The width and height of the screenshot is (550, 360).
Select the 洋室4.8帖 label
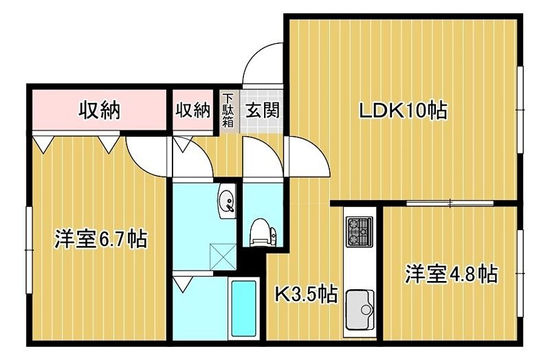click(450, 273)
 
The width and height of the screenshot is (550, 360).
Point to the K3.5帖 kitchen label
click(306, 295)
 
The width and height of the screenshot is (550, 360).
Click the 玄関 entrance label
click(263, 110)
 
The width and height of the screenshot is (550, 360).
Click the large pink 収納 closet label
click(98, 109)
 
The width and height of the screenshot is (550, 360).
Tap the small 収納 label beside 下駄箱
click(192, 110)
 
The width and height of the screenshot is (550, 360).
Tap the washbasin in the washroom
click(226, 201)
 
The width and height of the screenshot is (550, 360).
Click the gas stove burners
click(360, 231)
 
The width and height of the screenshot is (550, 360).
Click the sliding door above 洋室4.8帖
click(450, 203)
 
